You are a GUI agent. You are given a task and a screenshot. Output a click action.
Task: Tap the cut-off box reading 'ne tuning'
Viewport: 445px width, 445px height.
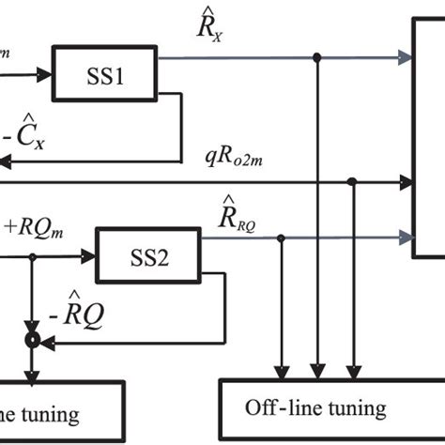tap(62, 411)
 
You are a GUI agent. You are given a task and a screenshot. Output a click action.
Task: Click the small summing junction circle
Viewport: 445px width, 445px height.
tap(33, 335)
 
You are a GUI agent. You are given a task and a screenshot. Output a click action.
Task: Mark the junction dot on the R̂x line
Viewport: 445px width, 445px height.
tap(319, 58)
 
